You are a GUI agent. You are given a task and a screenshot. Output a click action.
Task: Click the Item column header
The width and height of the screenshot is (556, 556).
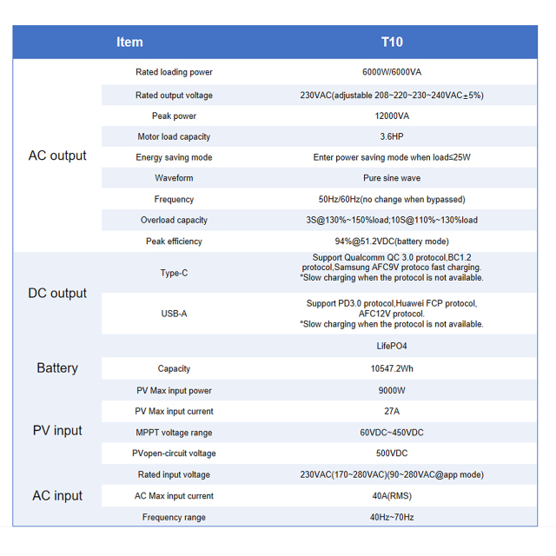pyautogui.click(x=129, y=42)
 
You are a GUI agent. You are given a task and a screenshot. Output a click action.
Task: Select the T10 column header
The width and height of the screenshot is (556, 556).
pyautogui.click(x=392, y=42)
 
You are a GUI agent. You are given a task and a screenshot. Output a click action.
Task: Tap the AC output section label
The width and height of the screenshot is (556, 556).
pyautogui.click(x=57, y=156)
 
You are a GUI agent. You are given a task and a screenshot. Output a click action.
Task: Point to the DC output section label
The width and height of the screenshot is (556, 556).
pyautogui.click(x=57, y=293)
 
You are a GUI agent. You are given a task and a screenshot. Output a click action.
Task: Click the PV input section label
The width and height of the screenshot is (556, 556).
pyautogui.click(x=57, y=430)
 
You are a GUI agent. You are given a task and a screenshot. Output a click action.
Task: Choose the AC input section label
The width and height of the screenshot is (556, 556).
pyautogui.click(x=57, y=495)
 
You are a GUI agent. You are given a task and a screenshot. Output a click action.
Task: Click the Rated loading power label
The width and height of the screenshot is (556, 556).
pyautogui.click(x=174, y=72)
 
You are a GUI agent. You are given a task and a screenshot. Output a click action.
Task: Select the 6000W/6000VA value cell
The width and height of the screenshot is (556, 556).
pyautogui.click(x=392, y=72)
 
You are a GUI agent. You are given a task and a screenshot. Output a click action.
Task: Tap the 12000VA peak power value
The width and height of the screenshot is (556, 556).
pyautogui.click(x=392, y=116)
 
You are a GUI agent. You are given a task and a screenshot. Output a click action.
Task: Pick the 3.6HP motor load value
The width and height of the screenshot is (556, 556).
pyautogui.click(x=392, y=136)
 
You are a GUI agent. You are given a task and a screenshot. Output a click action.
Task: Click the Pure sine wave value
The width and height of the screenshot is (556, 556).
pyautogui.click(x=392, y=178)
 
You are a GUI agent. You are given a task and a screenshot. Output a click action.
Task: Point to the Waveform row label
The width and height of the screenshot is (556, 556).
pyautogui.click(x=174, y=178)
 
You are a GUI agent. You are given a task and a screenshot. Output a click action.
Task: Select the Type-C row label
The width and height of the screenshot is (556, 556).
pyautogui.click(x=174, y=273)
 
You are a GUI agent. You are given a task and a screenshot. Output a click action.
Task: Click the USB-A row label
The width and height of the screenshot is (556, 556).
pyautogui.click(x=174, y=314)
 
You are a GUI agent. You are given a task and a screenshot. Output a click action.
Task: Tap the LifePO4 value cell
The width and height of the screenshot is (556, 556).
pyautogui.click(x=392, y=346)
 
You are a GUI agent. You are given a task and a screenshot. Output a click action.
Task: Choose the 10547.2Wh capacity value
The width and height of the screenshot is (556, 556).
pyautogui.click(x=392, y=368)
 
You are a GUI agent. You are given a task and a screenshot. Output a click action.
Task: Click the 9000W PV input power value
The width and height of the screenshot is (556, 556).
pyautogui.click(x=392, y=391)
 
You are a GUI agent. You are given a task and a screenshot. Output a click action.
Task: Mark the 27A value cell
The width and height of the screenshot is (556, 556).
pyautogui.click(x=392, y=412)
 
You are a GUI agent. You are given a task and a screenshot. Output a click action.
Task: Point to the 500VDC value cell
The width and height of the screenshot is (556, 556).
pyautogui.click(x=392, y=453)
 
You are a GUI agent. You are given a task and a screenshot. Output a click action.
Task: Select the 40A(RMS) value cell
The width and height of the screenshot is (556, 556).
pyautogui.click(x=392, y=496)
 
